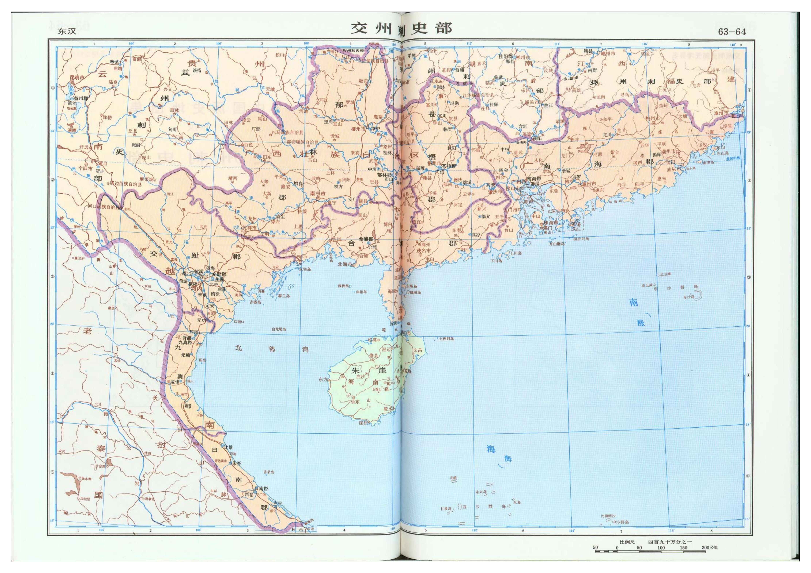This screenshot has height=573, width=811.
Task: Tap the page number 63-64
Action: point(732,32)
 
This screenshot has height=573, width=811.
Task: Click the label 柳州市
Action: point(358,129)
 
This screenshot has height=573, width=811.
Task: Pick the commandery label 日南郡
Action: point(261,489)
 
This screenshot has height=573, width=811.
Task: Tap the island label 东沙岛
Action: point(689,297)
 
